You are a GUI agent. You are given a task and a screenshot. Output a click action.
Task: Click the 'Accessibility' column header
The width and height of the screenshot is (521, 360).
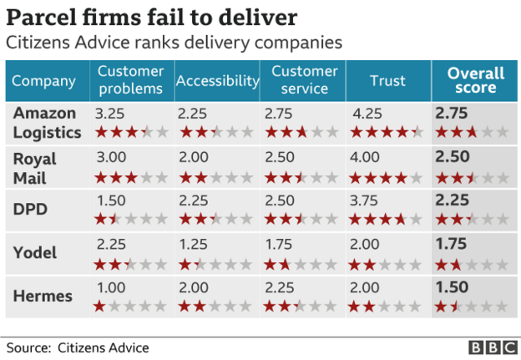[217, 81]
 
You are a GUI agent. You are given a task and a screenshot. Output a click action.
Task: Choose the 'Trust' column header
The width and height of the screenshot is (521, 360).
[387, 81]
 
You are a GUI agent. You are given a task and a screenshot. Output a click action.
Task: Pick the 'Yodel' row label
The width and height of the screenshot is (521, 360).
[34, 253]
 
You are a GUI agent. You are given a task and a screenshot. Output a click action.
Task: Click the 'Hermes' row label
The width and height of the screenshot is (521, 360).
[39, 297]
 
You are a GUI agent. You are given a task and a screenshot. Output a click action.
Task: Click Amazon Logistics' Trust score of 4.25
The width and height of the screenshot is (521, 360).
[368, 114]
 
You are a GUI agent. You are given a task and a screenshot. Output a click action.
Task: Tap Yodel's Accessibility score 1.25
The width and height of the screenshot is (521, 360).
[193, 244]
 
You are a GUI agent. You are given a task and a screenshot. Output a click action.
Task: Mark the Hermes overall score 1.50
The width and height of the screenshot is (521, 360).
[453, 287]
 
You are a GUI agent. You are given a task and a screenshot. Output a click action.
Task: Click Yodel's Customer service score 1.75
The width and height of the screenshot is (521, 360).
[280, 244]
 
